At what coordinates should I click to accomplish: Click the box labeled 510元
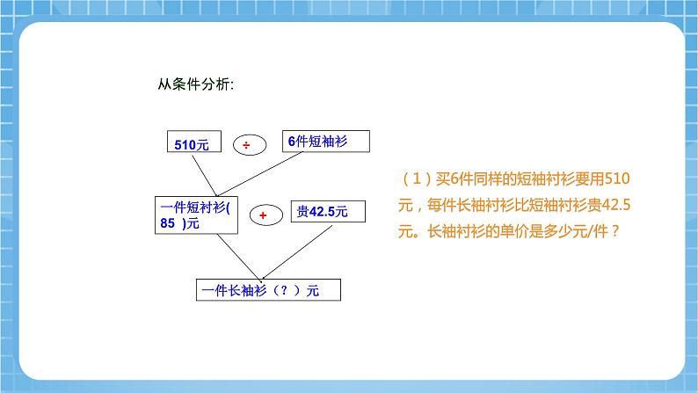(191, 145)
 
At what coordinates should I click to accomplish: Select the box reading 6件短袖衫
(325, 142)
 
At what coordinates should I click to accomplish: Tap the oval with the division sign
(247, 145)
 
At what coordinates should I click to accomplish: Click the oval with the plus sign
(262, 214)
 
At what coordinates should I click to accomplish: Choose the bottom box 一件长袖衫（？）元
(267, 291)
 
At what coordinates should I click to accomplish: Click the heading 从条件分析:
(195, 85)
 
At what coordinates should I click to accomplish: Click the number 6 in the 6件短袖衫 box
(291, 142)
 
